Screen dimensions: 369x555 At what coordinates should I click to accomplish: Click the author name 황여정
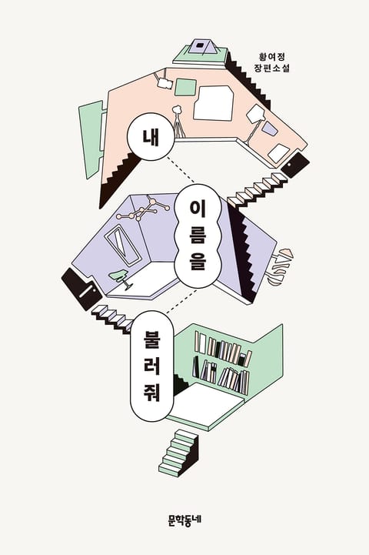coord(271,56)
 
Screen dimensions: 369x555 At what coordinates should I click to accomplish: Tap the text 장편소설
coord(271,68)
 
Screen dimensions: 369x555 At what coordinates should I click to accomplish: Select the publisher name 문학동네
coord(184,520)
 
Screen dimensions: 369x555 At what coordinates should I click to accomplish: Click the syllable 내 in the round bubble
coord(151,136)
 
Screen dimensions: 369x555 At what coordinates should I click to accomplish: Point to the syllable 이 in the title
coord(198,211)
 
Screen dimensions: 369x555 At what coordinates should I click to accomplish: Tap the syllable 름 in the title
coord(198,236)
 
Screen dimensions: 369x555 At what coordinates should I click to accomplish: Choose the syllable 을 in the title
coord(198,262)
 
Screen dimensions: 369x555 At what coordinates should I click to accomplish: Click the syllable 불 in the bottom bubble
coord(152,339)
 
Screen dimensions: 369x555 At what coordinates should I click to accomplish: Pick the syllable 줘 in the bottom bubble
coord(152,393)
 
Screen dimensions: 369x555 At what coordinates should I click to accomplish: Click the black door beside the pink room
coord(295,165)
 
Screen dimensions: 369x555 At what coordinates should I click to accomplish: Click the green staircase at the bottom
coord(178,453)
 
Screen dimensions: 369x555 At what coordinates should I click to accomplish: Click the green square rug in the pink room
coord(186,88)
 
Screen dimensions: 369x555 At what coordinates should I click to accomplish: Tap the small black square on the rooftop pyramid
coord(201,45)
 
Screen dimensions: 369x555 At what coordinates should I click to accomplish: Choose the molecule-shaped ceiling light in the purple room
coord(143,209)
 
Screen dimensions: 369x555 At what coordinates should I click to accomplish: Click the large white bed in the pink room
coord(213,103)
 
